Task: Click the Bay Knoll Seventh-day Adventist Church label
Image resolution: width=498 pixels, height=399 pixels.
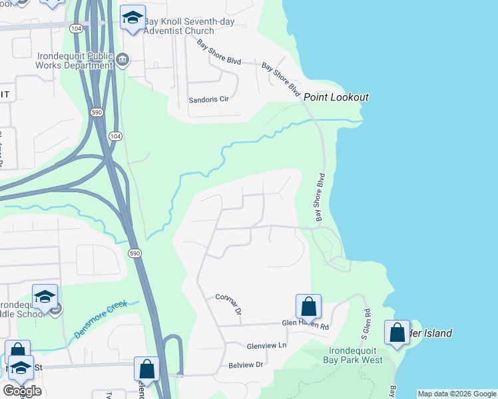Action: (x=179, y=26)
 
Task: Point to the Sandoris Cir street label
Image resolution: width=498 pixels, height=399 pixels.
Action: (x=209, y=98)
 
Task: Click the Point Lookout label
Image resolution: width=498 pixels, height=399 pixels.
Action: (x=336, y=97)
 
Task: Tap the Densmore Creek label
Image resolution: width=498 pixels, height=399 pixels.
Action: (x=100, y=319)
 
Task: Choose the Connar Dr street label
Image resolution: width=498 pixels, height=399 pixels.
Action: (x=228, y=303)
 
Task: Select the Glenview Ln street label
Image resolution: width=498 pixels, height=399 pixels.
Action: (x=266, y=346)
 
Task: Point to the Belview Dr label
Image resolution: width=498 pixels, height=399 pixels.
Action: (x=246, y=364)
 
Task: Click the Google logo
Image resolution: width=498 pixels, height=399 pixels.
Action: (x=22, y=391)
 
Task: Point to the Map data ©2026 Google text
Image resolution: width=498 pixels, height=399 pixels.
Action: (x=457, y=394)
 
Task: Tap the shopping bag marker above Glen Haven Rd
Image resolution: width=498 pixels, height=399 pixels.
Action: (x=308, y=307)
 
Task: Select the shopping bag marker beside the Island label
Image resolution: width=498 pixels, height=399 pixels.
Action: (x=397, y=333)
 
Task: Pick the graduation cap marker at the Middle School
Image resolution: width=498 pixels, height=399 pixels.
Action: (x=45, y=297)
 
